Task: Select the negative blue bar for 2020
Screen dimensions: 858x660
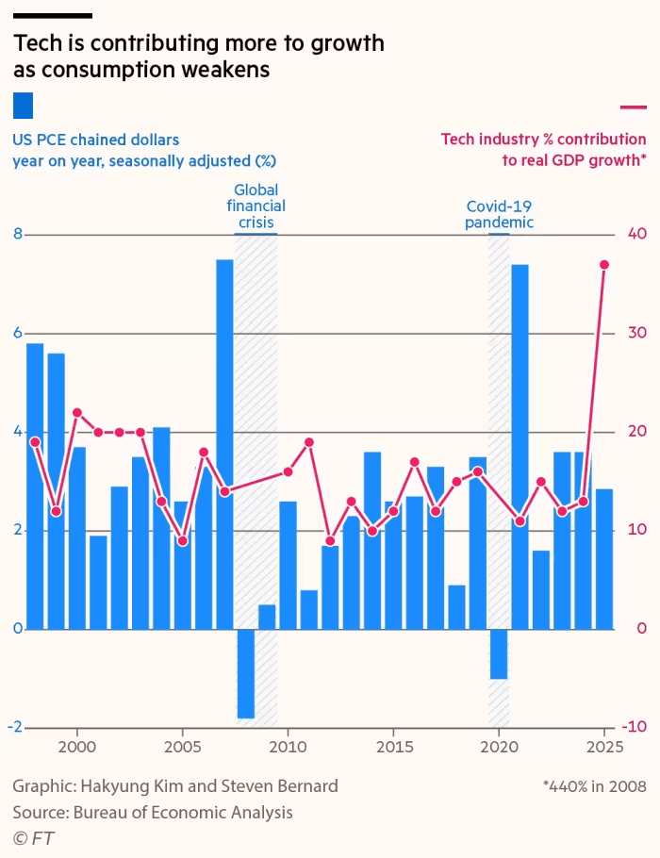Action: click(x=499, y=653)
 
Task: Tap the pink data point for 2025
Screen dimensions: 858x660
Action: click(x=604, y=265)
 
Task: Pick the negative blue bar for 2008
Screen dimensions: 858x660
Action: click(x=246, y=673)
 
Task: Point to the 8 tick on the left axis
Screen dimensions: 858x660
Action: click(x=17, y=235)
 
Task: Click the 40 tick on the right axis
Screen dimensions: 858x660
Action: click(x=637, y=235)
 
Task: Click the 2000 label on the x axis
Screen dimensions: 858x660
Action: click(x=76, y=746)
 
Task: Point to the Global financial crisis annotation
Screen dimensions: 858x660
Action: click(x=256, y=206)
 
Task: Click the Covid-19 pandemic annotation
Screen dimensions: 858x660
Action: click(x=500, y=214)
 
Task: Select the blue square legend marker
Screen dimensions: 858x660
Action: click(x=23, y=105)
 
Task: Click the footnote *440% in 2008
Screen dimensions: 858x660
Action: click(x=594, y=785)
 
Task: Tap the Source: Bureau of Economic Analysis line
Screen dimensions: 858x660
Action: click(x=153, y=812)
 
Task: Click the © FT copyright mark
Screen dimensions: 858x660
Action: click(x=33, y=838)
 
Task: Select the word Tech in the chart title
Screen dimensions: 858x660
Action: click(x=35, y=43)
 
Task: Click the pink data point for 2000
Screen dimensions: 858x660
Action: click(x=77, y=413)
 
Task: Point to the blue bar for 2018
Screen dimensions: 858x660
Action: click(x=456, y=606)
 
